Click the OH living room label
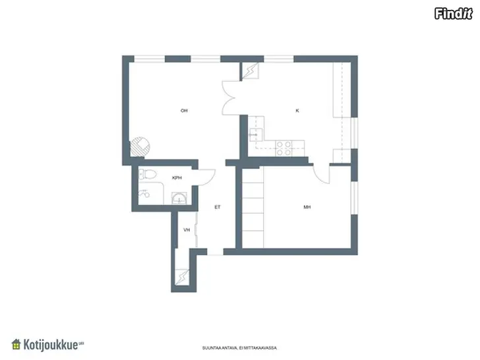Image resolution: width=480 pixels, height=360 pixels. click(184, 111)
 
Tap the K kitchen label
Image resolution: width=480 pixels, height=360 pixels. click(297, 111)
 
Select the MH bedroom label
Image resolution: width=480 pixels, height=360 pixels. click(307, 207)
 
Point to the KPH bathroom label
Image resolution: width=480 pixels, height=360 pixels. click(177, 178)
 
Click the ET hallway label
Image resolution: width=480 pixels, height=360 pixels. click(218, 207)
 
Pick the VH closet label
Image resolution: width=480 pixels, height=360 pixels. click(187, 230)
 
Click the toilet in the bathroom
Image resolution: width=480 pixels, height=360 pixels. click(148, 175)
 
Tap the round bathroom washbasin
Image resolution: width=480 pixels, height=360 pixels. click(179, 198)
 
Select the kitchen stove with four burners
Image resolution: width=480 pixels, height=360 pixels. click(284, 148)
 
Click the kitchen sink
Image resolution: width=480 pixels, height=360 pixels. click(256, 135)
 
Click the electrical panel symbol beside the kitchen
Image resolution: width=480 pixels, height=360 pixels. click(250, 71)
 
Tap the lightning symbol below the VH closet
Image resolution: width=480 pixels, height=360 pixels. click(182, 278)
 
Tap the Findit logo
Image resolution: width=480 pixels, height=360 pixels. click(454, 14)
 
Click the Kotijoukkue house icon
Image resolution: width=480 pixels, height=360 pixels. click(16, 344)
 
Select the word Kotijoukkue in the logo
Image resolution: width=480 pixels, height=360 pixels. click(51, 345)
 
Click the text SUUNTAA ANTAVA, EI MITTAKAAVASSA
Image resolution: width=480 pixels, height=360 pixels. click(239, 348)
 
